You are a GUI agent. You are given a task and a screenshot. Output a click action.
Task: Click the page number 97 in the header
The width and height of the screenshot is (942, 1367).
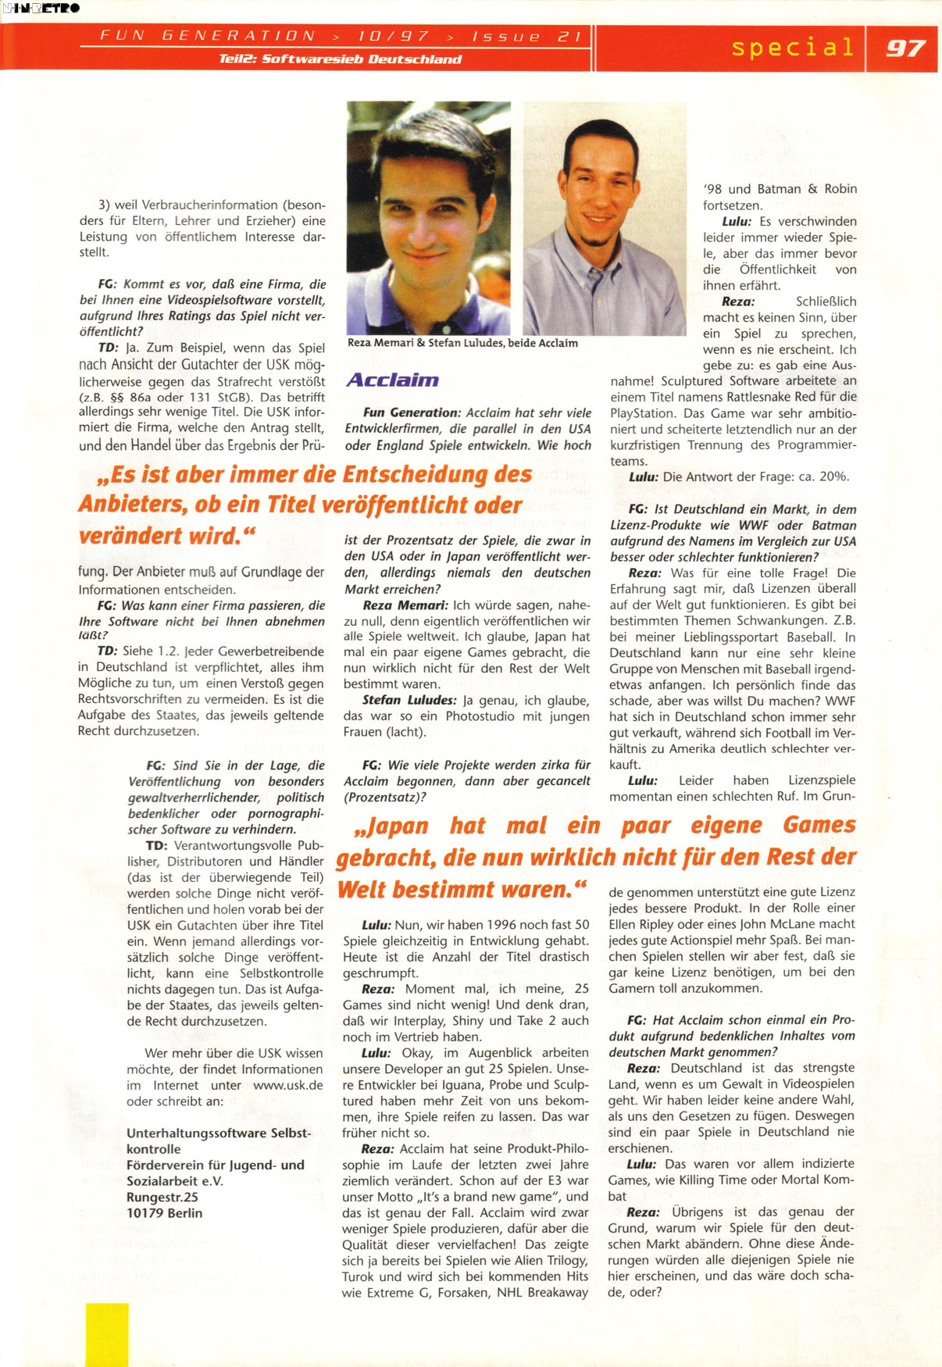coord(905,48)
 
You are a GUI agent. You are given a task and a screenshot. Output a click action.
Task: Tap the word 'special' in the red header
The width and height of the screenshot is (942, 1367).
coord(793,48)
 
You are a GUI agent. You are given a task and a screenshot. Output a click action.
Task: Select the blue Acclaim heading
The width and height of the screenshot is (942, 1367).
coord(392,380)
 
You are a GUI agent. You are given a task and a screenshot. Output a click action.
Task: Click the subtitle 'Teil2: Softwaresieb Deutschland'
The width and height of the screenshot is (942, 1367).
coord(341,59)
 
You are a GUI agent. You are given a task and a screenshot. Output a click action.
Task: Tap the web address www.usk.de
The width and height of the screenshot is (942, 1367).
coord(288,1085)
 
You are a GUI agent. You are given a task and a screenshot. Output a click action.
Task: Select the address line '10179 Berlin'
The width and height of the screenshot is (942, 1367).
coord(165,1213)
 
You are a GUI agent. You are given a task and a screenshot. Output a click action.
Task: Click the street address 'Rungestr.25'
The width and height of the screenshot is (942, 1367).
coord(162,1197)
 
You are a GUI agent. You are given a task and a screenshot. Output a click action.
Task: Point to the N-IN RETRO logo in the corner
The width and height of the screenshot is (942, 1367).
coord(41,8)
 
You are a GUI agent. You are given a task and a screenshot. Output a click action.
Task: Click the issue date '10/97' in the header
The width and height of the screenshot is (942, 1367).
coord(394,36)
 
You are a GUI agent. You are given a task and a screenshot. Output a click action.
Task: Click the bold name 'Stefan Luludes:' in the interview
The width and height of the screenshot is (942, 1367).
coord(409,700)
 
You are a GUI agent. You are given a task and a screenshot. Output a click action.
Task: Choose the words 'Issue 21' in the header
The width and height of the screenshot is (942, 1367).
coord(527,36)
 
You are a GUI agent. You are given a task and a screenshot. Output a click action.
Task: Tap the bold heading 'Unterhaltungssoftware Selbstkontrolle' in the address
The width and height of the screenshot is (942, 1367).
coord(219,1140)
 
